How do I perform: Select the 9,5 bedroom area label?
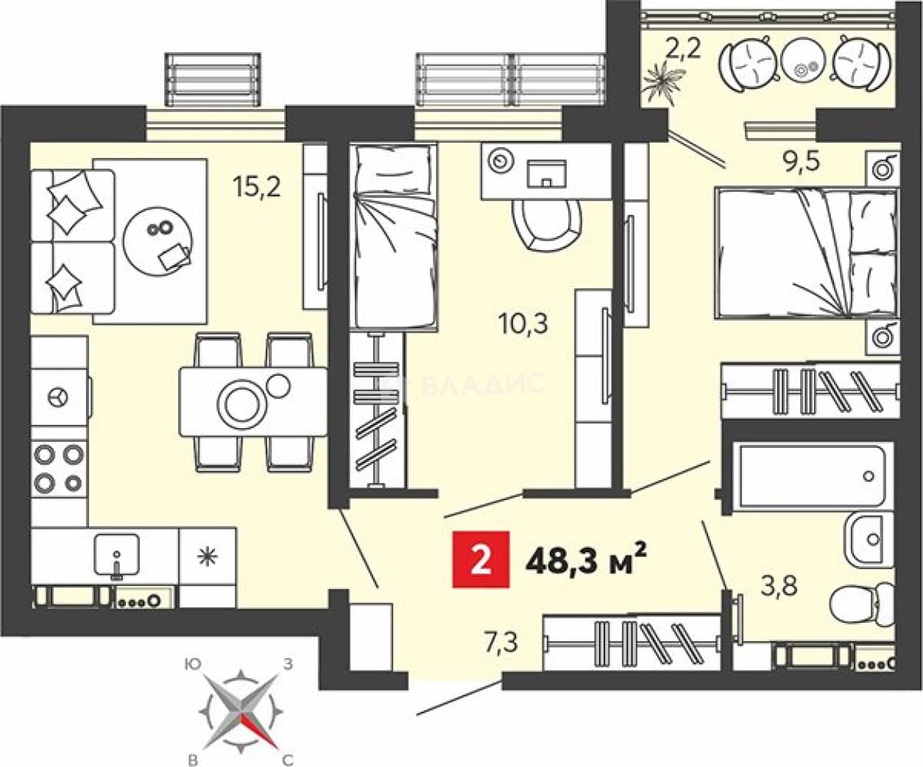coord(801,162)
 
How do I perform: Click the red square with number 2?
coord(481,560)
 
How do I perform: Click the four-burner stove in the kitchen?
coord(59,469)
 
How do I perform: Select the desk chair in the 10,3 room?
coord(548,225)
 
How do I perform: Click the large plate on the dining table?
coord(241,404)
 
